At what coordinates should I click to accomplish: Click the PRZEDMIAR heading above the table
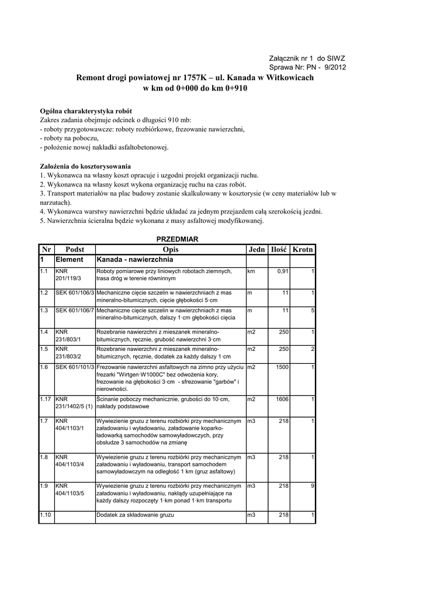tap(178, 239)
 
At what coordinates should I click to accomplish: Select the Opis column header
tap(170, 249)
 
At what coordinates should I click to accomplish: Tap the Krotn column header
tap(303, 249)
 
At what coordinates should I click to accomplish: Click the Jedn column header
tap(256, 249)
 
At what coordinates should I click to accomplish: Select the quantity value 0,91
tap(283, 271)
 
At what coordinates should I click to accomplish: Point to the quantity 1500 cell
tap(282, 367)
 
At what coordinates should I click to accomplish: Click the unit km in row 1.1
tap(251, 271)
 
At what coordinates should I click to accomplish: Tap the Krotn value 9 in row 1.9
tap(313, 486)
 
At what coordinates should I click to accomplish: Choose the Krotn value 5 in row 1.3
tap(313, 310)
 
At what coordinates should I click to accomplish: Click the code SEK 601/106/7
tap(75, 310)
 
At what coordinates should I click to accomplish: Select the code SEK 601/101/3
tap(75, 367)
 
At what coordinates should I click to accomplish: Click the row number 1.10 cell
tap(46, 515)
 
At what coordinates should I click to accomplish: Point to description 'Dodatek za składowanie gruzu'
tap(136, 515)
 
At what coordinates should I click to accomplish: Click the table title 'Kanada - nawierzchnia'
tap(134, 259)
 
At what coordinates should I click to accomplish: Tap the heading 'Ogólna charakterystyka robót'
tap(86, 111)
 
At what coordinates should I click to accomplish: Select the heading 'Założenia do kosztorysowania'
tap(85, 166)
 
